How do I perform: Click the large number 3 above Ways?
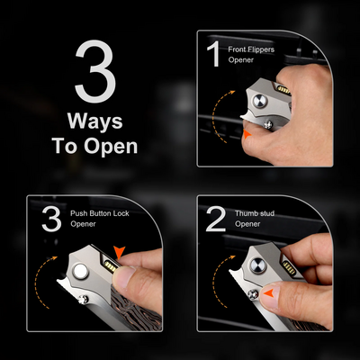pyautogui.click(x=95, y=72)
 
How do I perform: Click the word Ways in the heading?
pyautogui.click(x=95, y=121)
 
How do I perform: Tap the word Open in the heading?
pyautogui.click(x=111, y=146)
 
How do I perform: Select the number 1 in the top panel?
pyautogui.click(x=214, y=54)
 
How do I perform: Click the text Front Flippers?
pyautogui.click(x=251, y=49)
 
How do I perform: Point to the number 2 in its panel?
pyautogui.click(x=216, y=219)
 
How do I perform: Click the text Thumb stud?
pyautogui.click(x=255, y=213)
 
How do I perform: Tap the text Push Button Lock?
pyautogui.click(x=100, y=213)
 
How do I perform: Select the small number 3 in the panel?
pyautogui.click(x=51, y=219)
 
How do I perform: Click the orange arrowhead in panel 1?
pyautogui.click(x=247, y=134)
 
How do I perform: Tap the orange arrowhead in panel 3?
pyautogui.click(x=119, y=252)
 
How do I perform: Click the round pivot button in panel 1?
pyautogui.click(x=260, y=101)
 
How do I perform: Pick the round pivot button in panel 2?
pyautogui.click(x=257, y=265)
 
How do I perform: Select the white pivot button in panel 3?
pyautogui.click(x=81, y=272)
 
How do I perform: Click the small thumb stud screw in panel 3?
pyautogui.click(x=83, y=299)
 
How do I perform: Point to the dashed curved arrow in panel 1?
pyautogui.click(x=212, y=116)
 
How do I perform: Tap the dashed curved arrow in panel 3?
pyautogui.click(x=35, y=281)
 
